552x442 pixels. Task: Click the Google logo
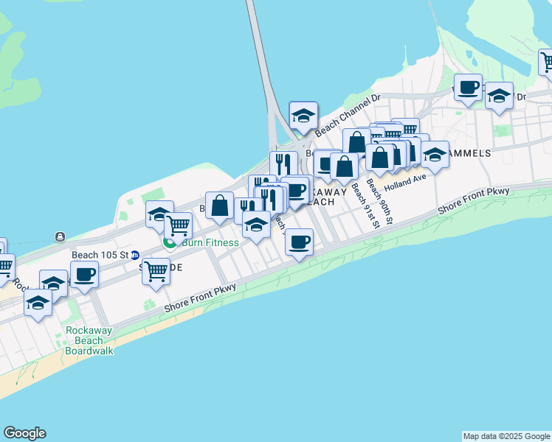[24, 433]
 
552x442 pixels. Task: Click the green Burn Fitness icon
[170, 242]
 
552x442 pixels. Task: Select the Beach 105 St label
[100, 255]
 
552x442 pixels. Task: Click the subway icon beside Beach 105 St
[135, 255]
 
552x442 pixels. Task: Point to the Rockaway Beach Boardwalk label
[89, 341]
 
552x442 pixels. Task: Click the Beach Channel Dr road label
[347, 116]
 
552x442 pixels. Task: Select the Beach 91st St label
[365, 206]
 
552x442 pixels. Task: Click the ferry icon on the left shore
[59, 236]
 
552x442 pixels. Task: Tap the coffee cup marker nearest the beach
[299, 242]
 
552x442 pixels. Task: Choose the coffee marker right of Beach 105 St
[84, 274]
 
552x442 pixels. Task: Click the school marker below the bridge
[303, 115]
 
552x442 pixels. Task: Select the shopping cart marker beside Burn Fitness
[178, 225]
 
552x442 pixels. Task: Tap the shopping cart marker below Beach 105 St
[156, 271]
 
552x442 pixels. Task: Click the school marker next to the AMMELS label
[435, 154]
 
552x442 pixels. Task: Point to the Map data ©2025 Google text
[506, 436]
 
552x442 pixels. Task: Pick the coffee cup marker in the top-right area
[468, 88]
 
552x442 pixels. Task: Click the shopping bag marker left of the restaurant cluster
[219, 206]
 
